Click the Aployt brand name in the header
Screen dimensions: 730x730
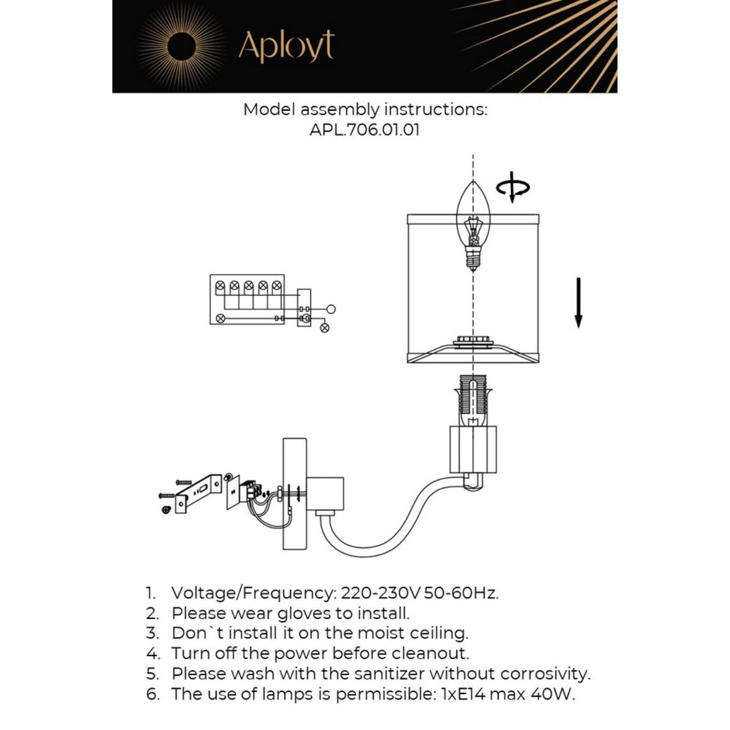coord(286,46)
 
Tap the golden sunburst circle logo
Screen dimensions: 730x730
coord(181,46)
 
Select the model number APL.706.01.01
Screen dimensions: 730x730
coord(364,129)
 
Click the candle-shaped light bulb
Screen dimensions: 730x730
coord(473,225)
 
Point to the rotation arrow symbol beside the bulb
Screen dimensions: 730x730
coord(512,187)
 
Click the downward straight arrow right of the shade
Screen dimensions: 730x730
coord(578,302)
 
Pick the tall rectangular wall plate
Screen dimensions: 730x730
coord(295,494)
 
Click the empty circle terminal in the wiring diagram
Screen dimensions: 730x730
coord(331,309)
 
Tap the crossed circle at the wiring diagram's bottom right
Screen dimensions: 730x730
coord(325,328)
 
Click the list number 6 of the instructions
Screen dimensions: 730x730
coord(152,694)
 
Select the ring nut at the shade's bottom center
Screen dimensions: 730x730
coord(472,343)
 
